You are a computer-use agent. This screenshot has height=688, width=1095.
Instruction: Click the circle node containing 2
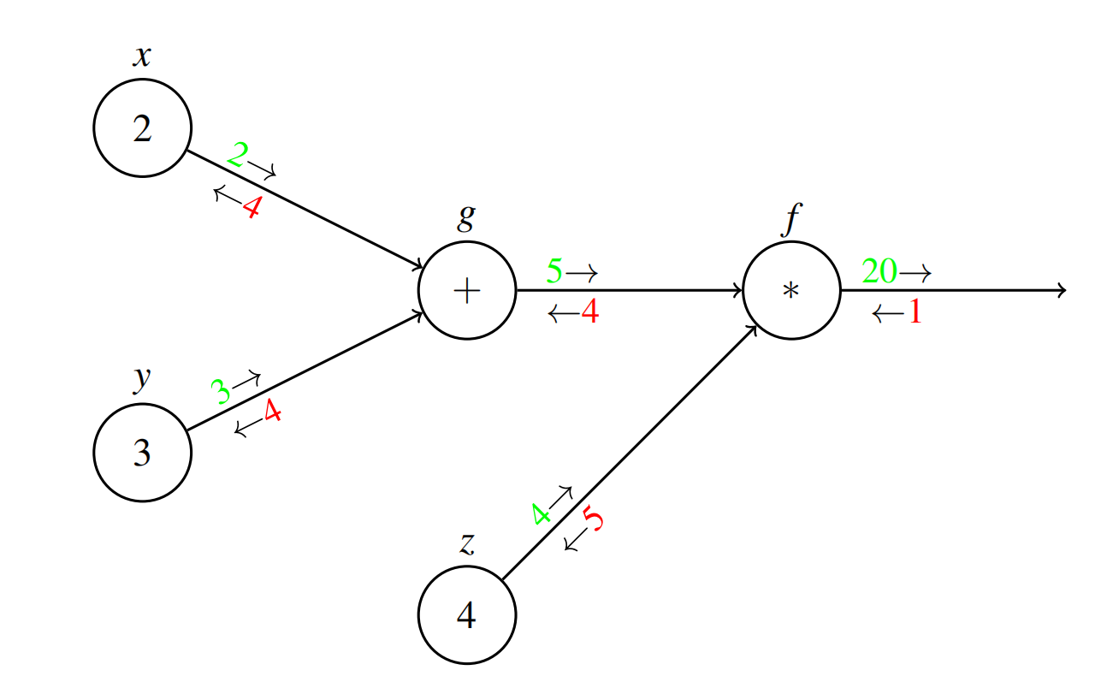pyautogui.click(x=142, y=128)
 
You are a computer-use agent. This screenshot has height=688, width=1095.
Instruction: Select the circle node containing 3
pyautogui.click(x=142, y=453)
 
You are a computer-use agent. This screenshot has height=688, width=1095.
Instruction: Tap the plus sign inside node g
pyautogui.click(x=466, y=291)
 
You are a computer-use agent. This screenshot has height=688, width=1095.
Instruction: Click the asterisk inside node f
pyautogui.click(x=791, y=291)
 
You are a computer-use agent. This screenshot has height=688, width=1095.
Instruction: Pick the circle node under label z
pyautogui.click(x=466, y=614)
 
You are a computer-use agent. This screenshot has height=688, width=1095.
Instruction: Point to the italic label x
pyautogui.click(x=142, y=56)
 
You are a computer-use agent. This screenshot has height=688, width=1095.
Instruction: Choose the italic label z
pyautogui.click(x=466, y=544)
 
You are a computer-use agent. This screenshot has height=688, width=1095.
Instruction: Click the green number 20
pyautogui.click(x=879, y=271)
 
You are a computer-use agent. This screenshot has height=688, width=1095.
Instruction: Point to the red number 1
pyautogui.click(x=914, y=312)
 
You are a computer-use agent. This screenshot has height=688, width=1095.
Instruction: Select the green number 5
pyautogui.click(x=554, y=272)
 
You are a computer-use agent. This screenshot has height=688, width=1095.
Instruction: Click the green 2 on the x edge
pyautogui.click(x=238, y=155)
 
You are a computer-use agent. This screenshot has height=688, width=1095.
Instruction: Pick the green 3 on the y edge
pyautogui.click(x=222, y=392)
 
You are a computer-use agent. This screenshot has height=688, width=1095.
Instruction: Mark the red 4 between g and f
pyautogui.click(x=589, y=312)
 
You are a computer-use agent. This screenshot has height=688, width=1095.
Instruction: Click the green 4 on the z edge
pyautogui.click(x=541, y=514)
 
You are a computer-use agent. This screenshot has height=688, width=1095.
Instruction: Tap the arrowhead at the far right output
pyautogui.click(x=1061, y=291)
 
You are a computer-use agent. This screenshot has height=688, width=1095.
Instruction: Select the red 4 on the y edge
pyautogui.click(x=272, y=412)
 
